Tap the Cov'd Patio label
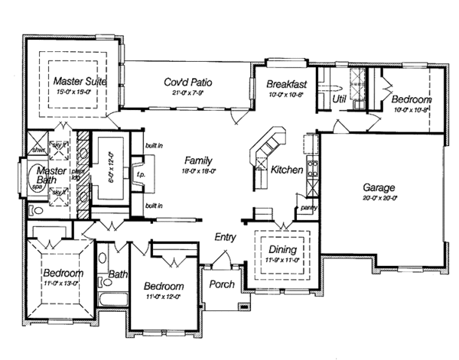coord(188,83)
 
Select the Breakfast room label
coord(287,85)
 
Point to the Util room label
coord(339,99)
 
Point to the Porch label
coord(222,284)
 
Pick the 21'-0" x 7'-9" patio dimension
coord(188,92)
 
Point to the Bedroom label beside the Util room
coord(412,100)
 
